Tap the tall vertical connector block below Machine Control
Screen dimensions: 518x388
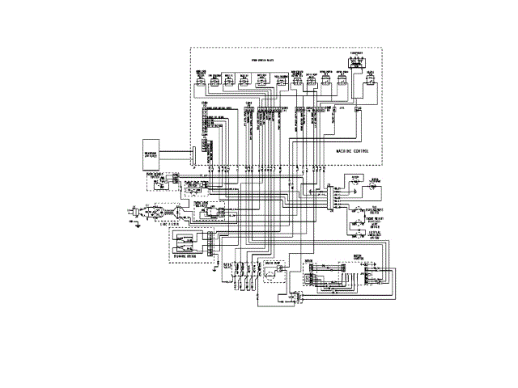(331, 197)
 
